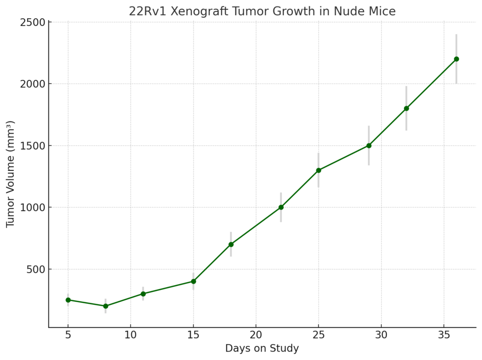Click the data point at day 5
pos(68,300)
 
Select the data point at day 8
pos(105,306)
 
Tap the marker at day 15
pos(193,281)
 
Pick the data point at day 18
pos(231,244)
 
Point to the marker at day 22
pos(281,207)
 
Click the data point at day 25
pos(318,170)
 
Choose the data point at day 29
pos(369,145)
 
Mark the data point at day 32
pos(406,108)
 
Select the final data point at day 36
pos(456,59)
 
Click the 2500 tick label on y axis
pos(32,22)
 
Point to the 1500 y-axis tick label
pos(32,145)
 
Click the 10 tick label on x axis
pos(130,335)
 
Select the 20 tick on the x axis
pos(256,335)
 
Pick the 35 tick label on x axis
pos(443,335)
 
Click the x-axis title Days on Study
pos(262,349)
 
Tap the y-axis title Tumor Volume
pos(10,174)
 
